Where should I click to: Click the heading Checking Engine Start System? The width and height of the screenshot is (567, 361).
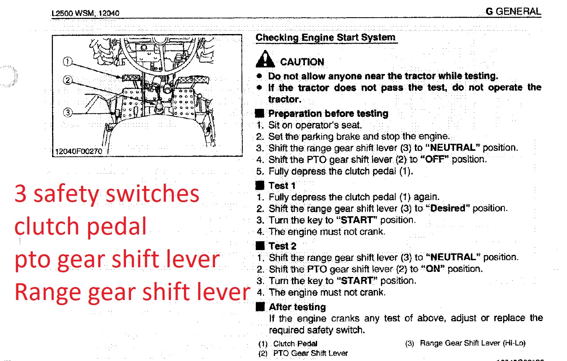point(325,37)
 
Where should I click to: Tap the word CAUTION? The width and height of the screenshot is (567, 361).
point(302,62)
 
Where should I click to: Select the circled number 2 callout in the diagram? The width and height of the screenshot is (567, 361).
point(68,80)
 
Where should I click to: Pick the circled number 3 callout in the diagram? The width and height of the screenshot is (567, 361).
point(68,112)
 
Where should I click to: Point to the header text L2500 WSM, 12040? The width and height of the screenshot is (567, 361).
point(85,13)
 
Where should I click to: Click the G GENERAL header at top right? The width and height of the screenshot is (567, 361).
point(513,11)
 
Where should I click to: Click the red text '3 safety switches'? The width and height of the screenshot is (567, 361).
point(107,194)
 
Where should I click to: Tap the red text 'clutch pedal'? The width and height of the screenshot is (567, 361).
point(81,226)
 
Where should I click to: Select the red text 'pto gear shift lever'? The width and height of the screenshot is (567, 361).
point(117,259)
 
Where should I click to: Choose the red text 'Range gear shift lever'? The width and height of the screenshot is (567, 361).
point(132,291)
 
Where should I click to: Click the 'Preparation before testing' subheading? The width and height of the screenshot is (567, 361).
point(328,113)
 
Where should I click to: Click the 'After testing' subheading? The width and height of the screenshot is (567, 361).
point(297,307)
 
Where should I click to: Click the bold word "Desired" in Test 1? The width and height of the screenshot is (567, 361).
point(448,208)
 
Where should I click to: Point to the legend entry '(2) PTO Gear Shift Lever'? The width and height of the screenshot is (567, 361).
point(303,353)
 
